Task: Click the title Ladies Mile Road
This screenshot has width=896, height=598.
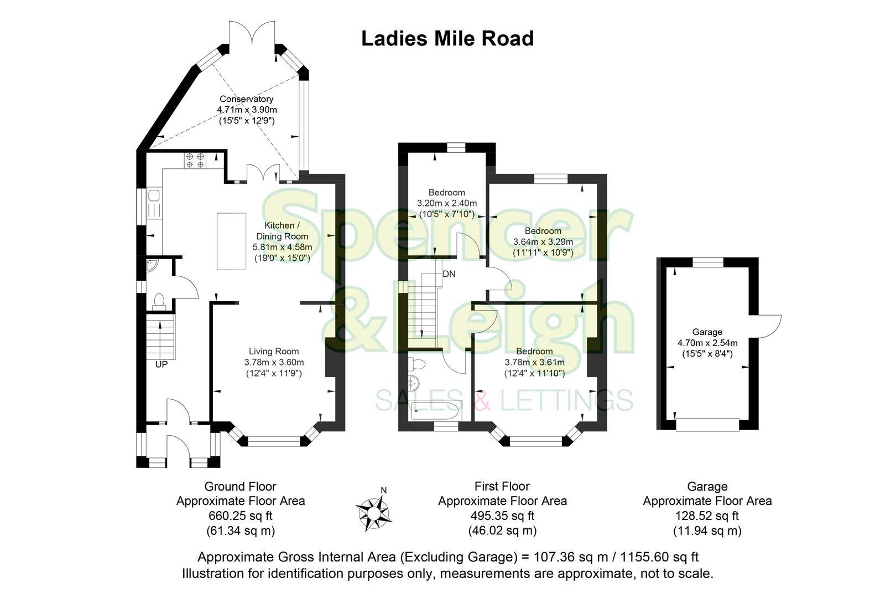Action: (x=447, y=39)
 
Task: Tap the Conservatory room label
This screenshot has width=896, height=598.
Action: (x=246, y=99)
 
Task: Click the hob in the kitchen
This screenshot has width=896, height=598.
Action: (x=195, y=160)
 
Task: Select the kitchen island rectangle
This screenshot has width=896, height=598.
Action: (x=231, y=240)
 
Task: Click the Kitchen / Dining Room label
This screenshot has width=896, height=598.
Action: (x=282, y=231)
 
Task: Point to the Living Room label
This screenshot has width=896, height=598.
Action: (x=274, y=351)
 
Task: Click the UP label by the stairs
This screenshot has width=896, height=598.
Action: (x=162, y=365)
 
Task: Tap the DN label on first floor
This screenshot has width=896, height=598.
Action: (x=449, y=274)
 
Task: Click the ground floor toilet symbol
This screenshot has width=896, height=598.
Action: (x=159, y=300)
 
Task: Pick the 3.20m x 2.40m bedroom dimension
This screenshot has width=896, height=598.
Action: (x=446, y=203)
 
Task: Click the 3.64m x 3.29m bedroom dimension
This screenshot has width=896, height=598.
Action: (x=543, y=242)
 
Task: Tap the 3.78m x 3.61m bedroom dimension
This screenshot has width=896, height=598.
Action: (x=534, y=363)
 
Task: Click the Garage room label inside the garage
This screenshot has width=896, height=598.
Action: (x=707, y=332)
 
